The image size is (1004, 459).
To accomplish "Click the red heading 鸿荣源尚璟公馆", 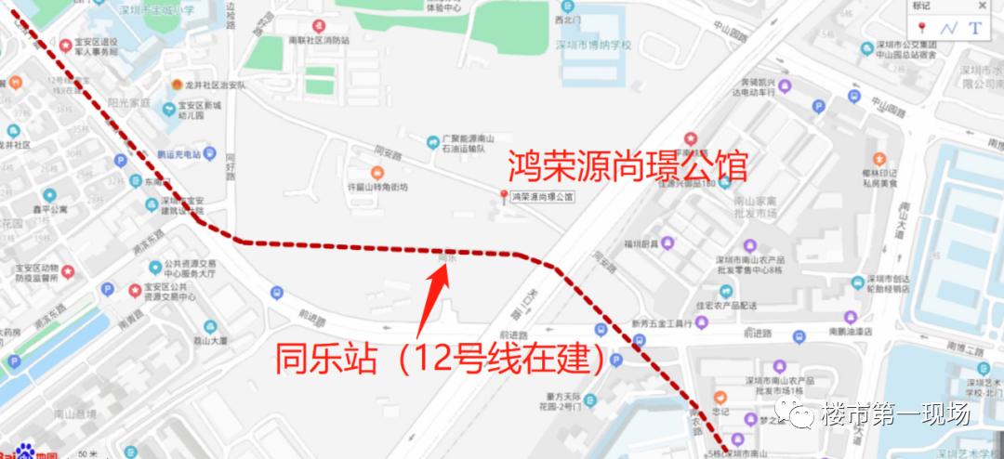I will (627, 166).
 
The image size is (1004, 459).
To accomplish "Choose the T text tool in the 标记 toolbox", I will (975, 28).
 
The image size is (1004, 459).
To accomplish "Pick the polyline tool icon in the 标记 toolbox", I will (948, 28).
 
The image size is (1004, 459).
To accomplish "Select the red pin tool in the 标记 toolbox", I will (922, 28).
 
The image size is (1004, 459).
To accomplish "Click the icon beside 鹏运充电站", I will (211, 154).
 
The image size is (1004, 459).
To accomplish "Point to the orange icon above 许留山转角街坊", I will (376, 173).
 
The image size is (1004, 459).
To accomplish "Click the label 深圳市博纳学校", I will (593, 45).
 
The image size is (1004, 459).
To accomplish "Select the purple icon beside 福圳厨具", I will (668, 243).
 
